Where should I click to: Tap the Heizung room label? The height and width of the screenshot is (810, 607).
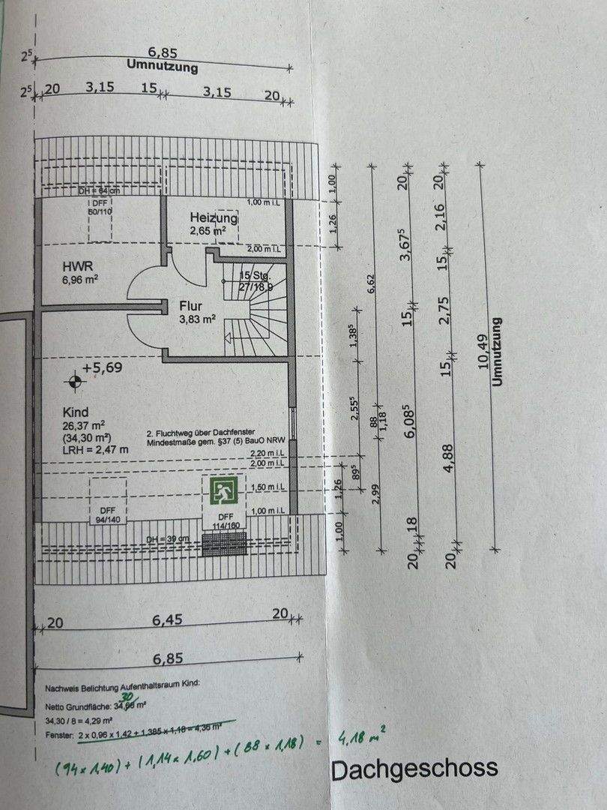(214, 218)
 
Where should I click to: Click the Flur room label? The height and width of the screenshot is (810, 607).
(192, 306)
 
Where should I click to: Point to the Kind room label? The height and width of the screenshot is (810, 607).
(76, 412)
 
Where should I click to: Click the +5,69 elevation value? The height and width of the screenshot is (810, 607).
(103, 367)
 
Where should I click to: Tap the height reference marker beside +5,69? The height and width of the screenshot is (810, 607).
(73, 383)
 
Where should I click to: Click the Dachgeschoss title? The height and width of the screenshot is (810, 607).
(414, 769)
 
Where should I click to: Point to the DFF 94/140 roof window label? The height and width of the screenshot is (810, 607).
(108, 514)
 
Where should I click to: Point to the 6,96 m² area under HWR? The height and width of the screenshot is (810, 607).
(81, 279)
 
